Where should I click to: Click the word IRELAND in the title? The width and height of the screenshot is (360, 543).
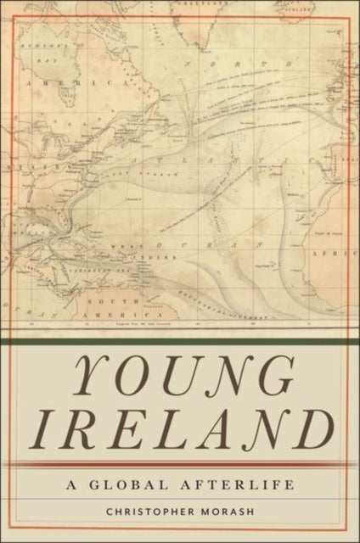click(x=179, y=428)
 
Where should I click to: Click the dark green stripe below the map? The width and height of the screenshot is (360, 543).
click(x=179, y=342)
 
